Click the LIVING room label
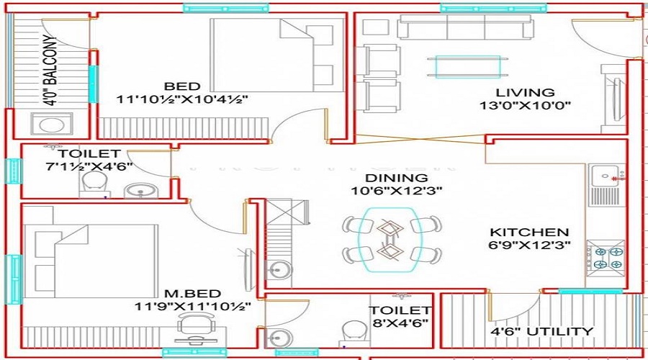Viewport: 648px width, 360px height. pos(525,93)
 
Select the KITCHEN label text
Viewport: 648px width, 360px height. pos(529,233)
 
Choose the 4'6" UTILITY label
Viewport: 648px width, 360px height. pos(542,332)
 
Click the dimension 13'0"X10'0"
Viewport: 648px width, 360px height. pos(525,106)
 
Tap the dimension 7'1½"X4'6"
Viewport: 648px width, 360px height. pos(78,167)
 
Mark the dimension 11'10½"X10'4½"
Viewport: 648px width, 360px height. pos(183,99)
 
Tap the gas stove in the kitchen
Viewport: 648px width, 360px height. pos(606,258)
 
